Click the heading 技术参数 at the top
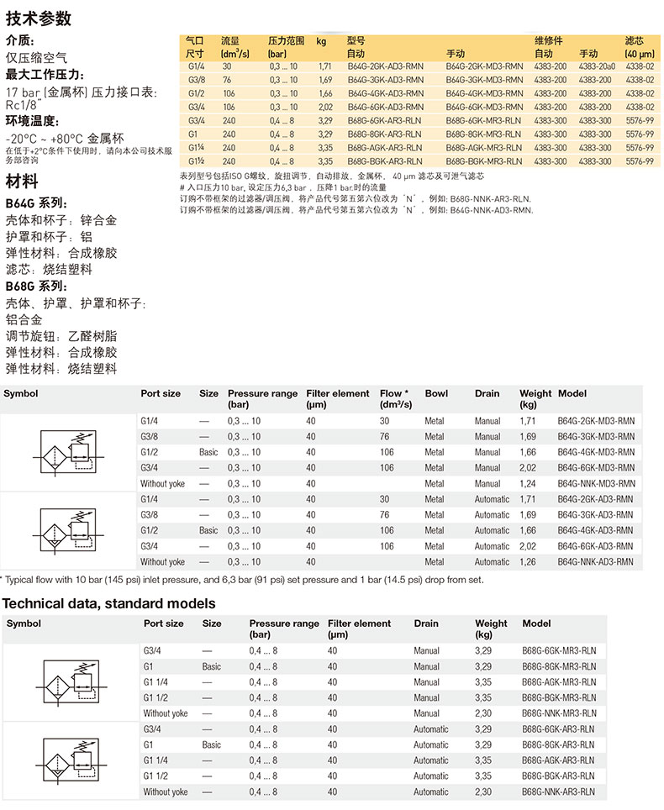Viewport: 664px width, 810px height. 38,18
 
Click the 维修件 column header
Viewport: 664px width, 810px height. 548,40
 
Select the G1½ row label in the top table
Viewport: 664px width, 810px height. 197,160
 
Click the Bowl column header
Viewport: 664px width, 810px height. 436,393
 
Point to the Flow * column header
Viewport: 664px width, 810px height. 394,393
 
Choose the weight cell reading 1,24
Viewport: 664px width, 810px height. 528,484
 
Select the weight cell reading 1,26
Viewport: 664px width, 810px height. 528,562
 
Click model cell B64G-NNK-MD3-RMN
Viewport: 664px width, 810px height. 595,484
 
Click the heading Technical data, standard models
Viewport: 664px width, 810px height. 108,603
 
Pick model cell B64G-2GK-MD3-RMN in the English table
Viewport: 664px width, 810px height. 595,421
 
